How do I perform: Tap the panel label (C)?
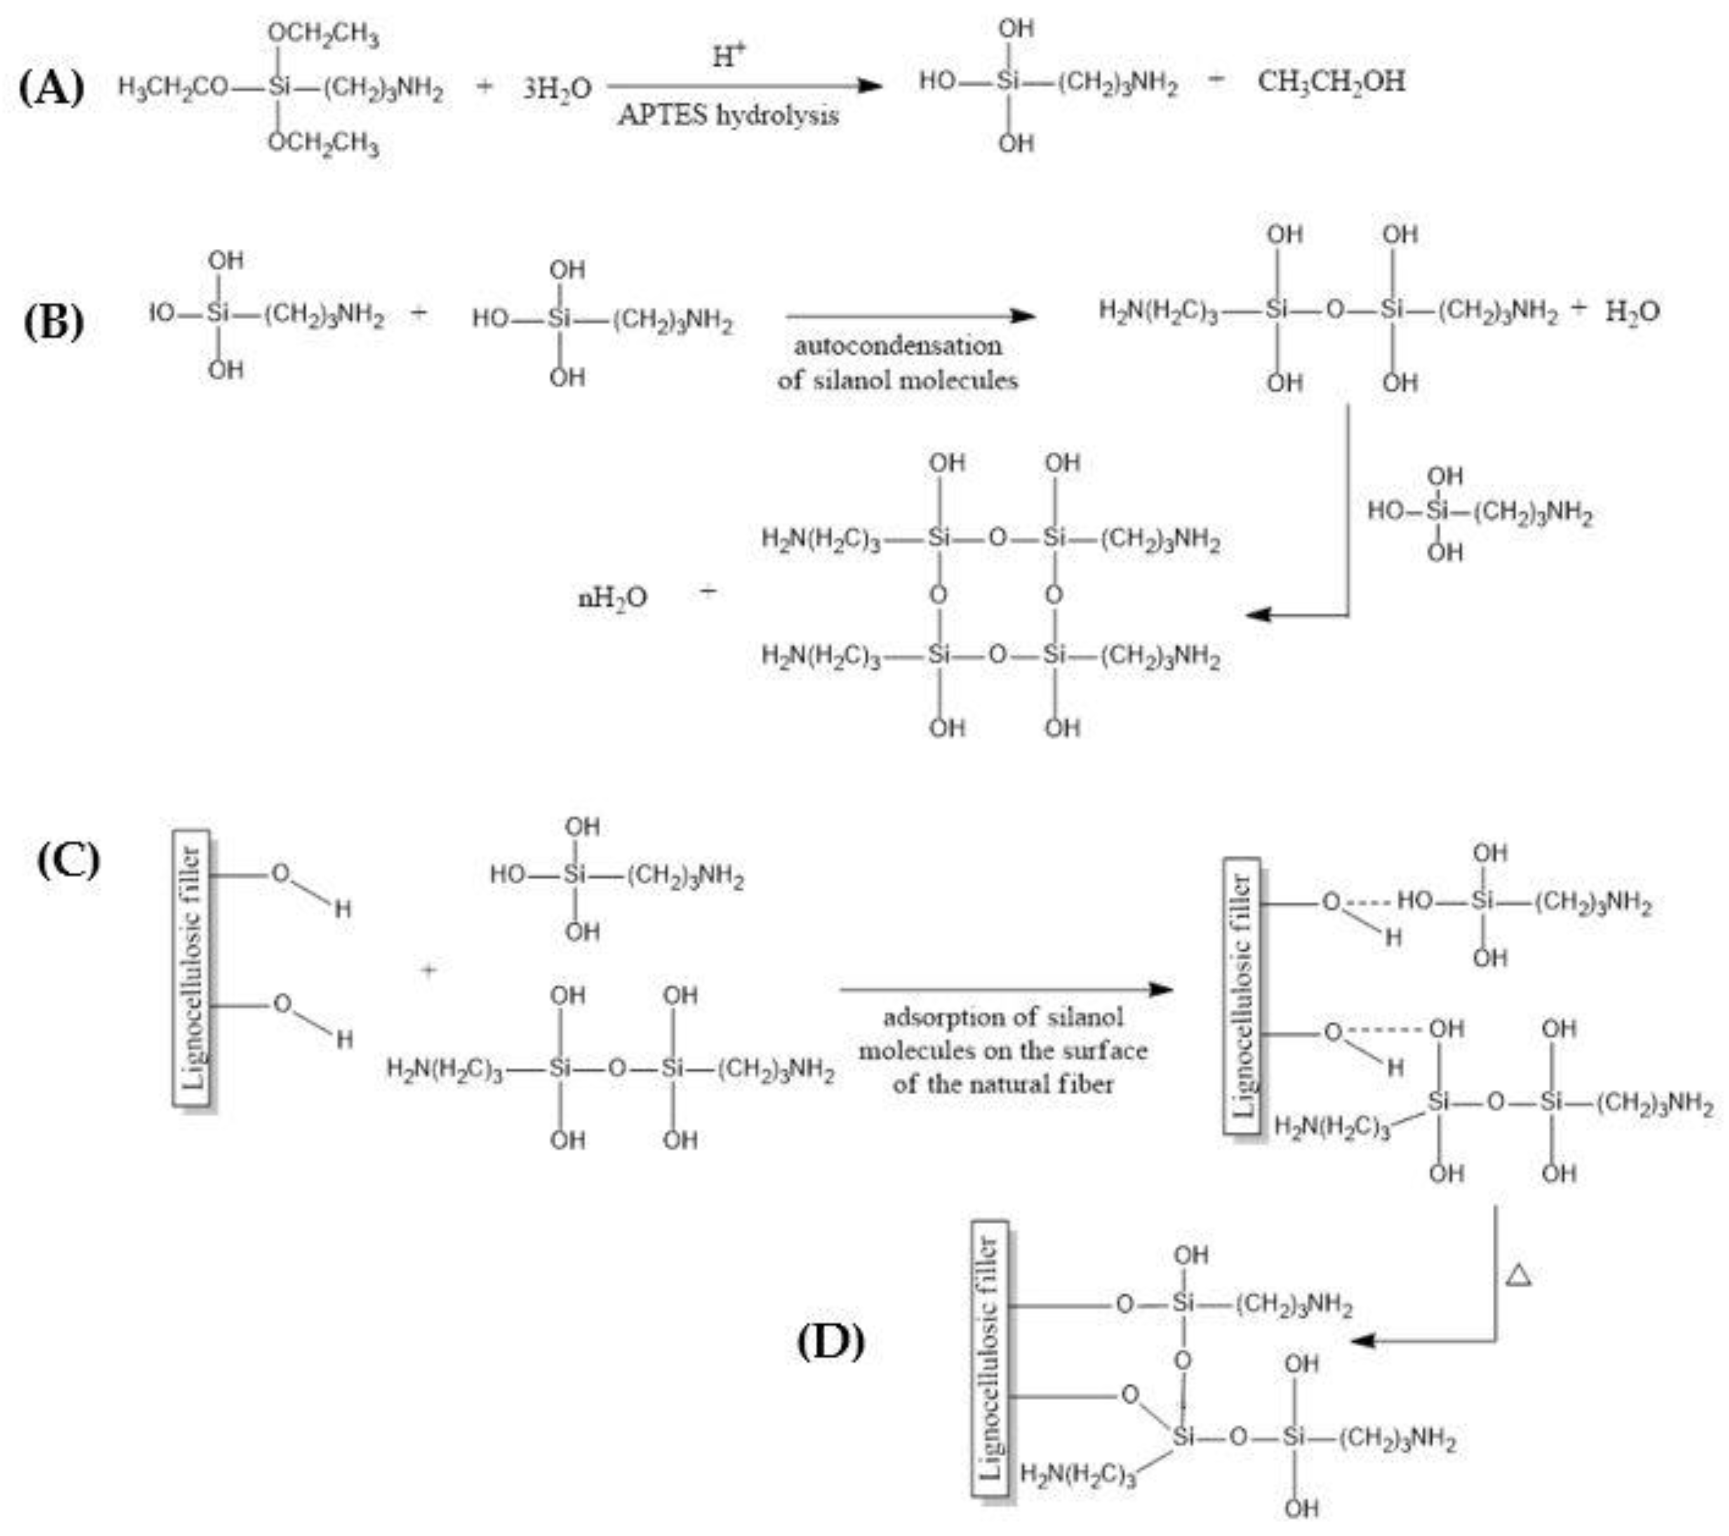point(68,861)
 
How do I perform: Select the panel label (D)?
point(830,1341)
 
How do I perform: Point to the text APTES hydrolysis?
point(727,115)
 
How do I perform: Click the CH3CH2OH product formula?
point(1331,82)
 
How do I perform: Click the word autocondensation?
point(898,345)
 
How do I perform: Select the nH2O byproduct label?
point(612,598)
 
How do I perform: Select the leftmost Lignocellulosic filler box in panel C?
point(192,967)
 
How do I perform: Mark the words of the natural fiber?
point(1002,1084)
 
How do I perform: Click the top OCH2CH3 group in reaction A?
point(323,35)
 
